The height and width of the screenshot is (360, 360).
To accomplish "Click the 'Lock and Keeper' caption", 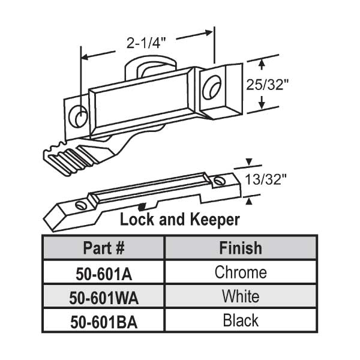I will pyautogui.click(x=180, y=220).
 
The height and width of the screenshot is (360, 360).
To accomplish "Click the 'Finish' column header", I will pyautogui.click(x=240, y=247).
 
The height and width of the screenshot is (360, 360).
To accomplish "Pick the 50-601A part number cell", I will pyautogui.click(x=103, y=273).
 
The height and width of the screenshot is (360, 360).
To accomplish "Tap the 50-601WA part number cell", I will pyautogui.click(x=103, y=297).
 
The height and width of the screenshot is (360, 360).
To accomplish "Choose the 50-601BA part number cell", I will pyautogui.click(x=103, y=322).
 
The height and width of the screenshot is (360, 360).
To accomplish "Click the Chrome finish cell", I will pyautogui.click(x=240, y=272).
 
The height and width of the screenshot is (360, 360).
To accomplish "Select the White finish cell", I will pyautogui.click(x=240, y=296).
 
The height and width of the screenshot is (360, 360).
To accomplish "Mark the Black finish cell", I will pyautogui.click(x=240, y=321).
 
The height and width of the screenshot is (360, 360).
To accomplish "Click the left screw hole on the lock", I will pyautogui.click(x=77, y=117).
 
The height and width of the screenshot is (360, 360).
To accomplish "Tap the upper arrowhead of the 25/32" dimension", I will pyautogui.click(x=262, y=62).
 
